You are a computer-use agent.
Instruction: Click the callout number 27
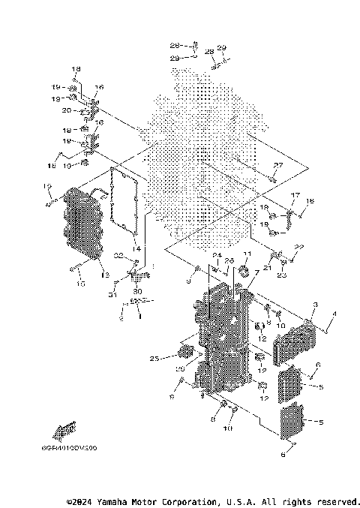278,165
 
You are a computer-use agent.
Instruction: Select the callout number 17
295,195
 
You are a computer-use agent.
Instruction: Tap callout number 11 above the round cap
247,256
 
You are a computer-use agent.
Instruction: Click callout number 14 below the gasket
136,248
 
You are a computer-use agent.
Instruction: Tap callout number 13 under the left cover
105,276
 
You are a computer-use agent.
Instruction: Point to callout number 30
136,291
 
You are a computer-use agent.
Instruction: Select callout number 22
299,247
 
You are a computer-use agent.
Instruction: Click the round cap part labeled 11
244,271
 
